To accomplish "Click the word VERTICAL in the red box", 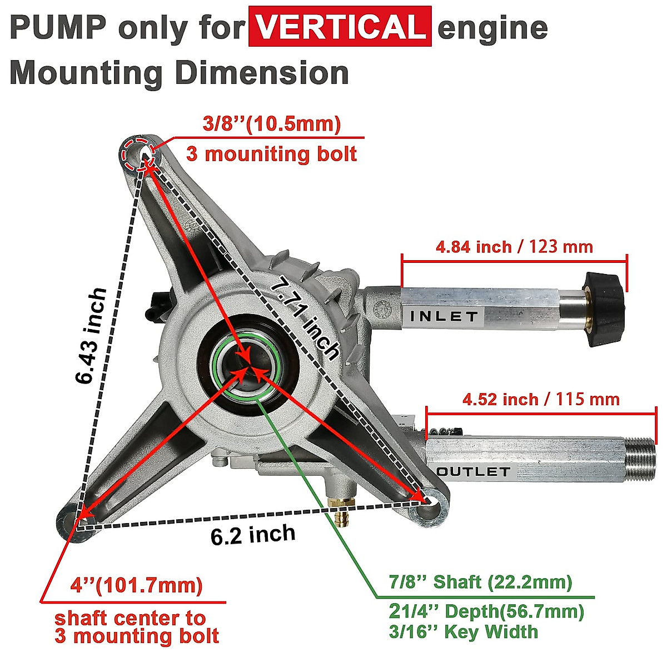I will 340,26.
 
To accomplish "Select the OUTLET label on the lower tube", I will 474,472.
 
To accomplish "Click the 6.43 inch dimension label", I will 91,336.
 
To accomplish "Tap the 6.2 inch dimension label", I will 253,535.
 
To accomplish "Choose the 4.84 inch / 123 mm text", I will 514,246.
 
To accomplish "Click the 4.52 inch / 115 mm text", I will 541,399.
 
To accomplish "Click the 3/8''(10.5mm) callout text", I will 271,124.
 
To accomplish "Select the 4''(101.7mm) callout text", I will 136,585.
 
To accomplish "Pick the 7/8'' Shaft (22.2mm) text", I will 480,582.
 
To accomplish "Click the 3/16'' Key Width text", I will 463,631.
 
